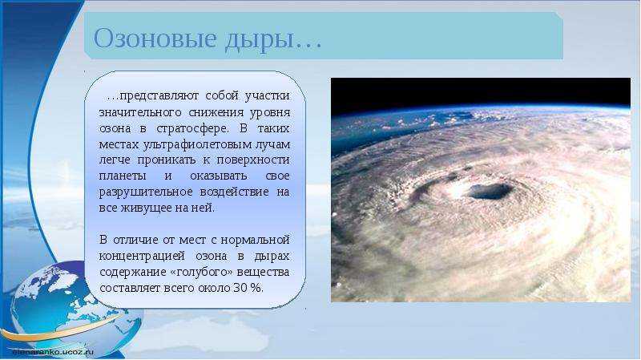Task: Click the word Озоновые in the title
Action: pos(155,38)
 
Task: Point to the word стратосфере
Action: pos(192,129)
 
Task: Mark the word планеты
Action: pos(123,176)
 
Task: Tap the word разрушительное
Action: pos(146,192)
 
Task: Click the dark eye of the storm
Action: pos(490,191)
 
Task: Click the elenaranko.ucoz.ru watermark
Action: pos(53,351)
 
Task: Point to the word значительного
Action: pos(140,113)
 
